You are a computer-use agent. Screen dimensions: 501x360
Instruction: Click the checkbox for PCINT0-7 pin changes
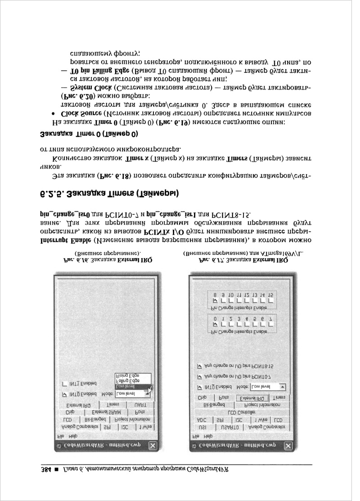tap(200, 376)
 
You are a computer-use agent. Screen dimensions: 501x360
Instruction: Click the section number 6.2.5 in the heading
tap(295, 193)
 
